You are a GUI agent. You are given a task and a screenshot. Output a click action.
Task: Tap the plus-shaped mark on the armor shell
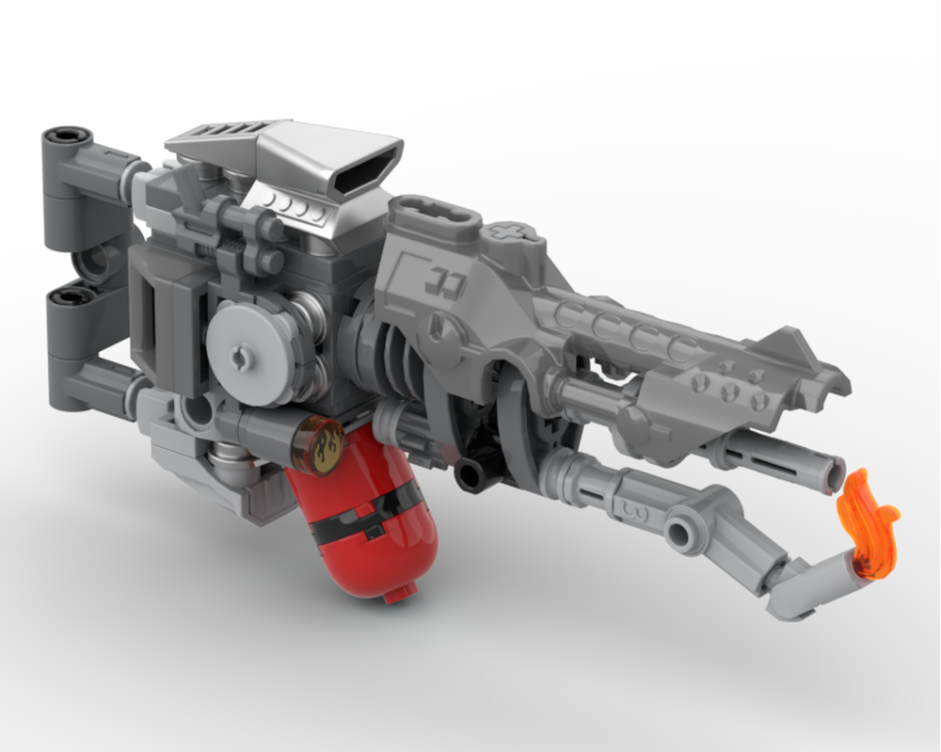(509, 231)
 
